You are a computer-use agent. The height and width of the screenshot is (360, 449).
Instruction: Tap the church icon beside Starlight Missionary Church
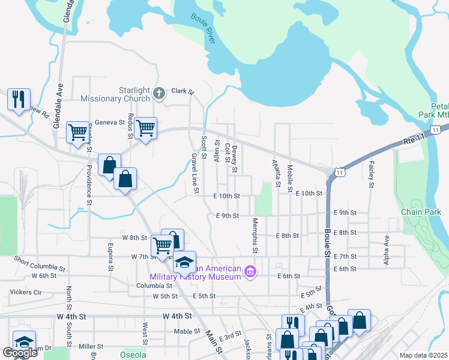[159, 93]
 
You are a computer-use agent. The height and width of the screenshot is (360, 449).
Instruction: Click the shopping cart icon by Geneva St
[146, 127]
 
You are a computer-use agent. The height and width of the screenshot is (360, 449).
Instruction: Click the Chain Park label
[417, 212]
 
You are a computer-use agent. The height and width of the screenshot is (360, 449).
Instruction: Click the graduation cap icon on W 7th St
[185, 262]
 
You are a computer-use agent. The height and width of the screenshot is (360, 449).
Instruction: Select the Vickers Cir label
[26, 292]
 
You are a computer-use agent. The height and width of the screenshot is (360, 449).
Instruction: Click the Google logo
[20, 353]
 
